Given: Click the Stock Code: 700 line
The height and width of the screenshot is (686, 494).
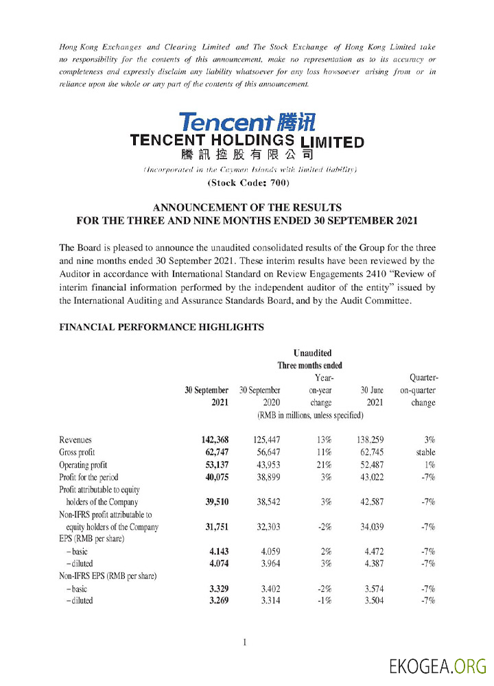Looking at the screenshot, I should pos(248,182).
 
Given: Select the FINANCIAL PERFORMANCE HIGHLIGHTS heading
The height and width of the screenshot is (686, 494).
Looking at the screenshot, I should pos(162,327).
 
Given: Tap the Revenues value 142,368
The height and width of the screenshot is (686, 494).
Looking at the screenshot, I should pos(211,440).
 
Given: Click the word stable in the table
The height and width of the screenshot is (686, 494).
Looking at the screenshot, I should pos(425,453).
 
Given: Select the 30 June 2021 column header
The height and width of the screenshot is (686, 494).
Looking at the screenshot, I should pos(371,397).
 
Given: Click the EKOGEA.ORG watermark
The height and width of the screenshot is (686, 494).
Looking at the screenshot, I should pos(437,666).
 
